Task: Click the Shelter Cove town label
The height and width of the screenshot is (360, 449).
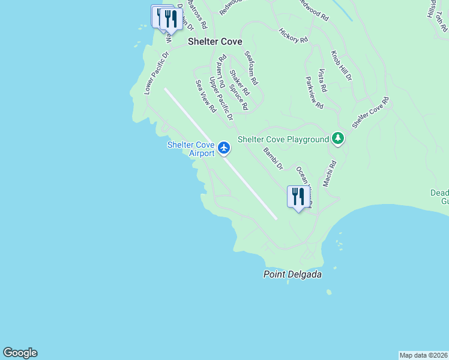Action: point(215,41)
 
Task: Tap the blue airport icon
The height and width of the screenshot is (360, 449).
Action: point(224,147)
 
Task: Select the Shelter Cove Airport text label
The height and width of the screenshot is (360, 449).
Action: point(191,149)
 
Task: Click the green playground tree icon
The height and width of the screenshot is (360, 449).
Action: point(339,139)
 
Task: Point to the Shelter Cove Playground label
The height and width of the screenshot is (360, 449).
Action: point(283,139)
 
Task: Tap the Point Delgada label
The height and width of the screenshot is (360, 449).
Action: point(292,274)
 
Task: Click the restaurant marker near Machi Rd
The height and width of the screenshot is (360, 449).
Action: point(298,197)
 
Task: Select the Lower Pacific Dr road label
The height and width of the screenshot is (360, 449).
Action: point(157,73)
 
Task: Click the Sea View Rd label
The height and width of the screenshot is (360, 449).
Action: point(206,97)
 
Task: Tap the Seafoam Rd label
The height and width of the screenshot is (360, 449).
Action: point(251,67)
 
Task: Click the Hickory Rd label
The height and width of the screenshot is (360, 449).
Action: point(294,35)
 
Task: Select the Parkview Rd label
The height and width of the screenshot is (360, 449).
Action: point(314,92)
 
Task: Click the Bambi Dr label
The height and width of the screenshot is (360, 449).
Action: point(273,158)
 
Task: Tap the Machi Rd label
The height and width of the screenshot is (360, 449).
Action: point(330,173)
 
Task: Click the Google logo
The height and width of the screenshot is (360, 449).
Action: point(20,353)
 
